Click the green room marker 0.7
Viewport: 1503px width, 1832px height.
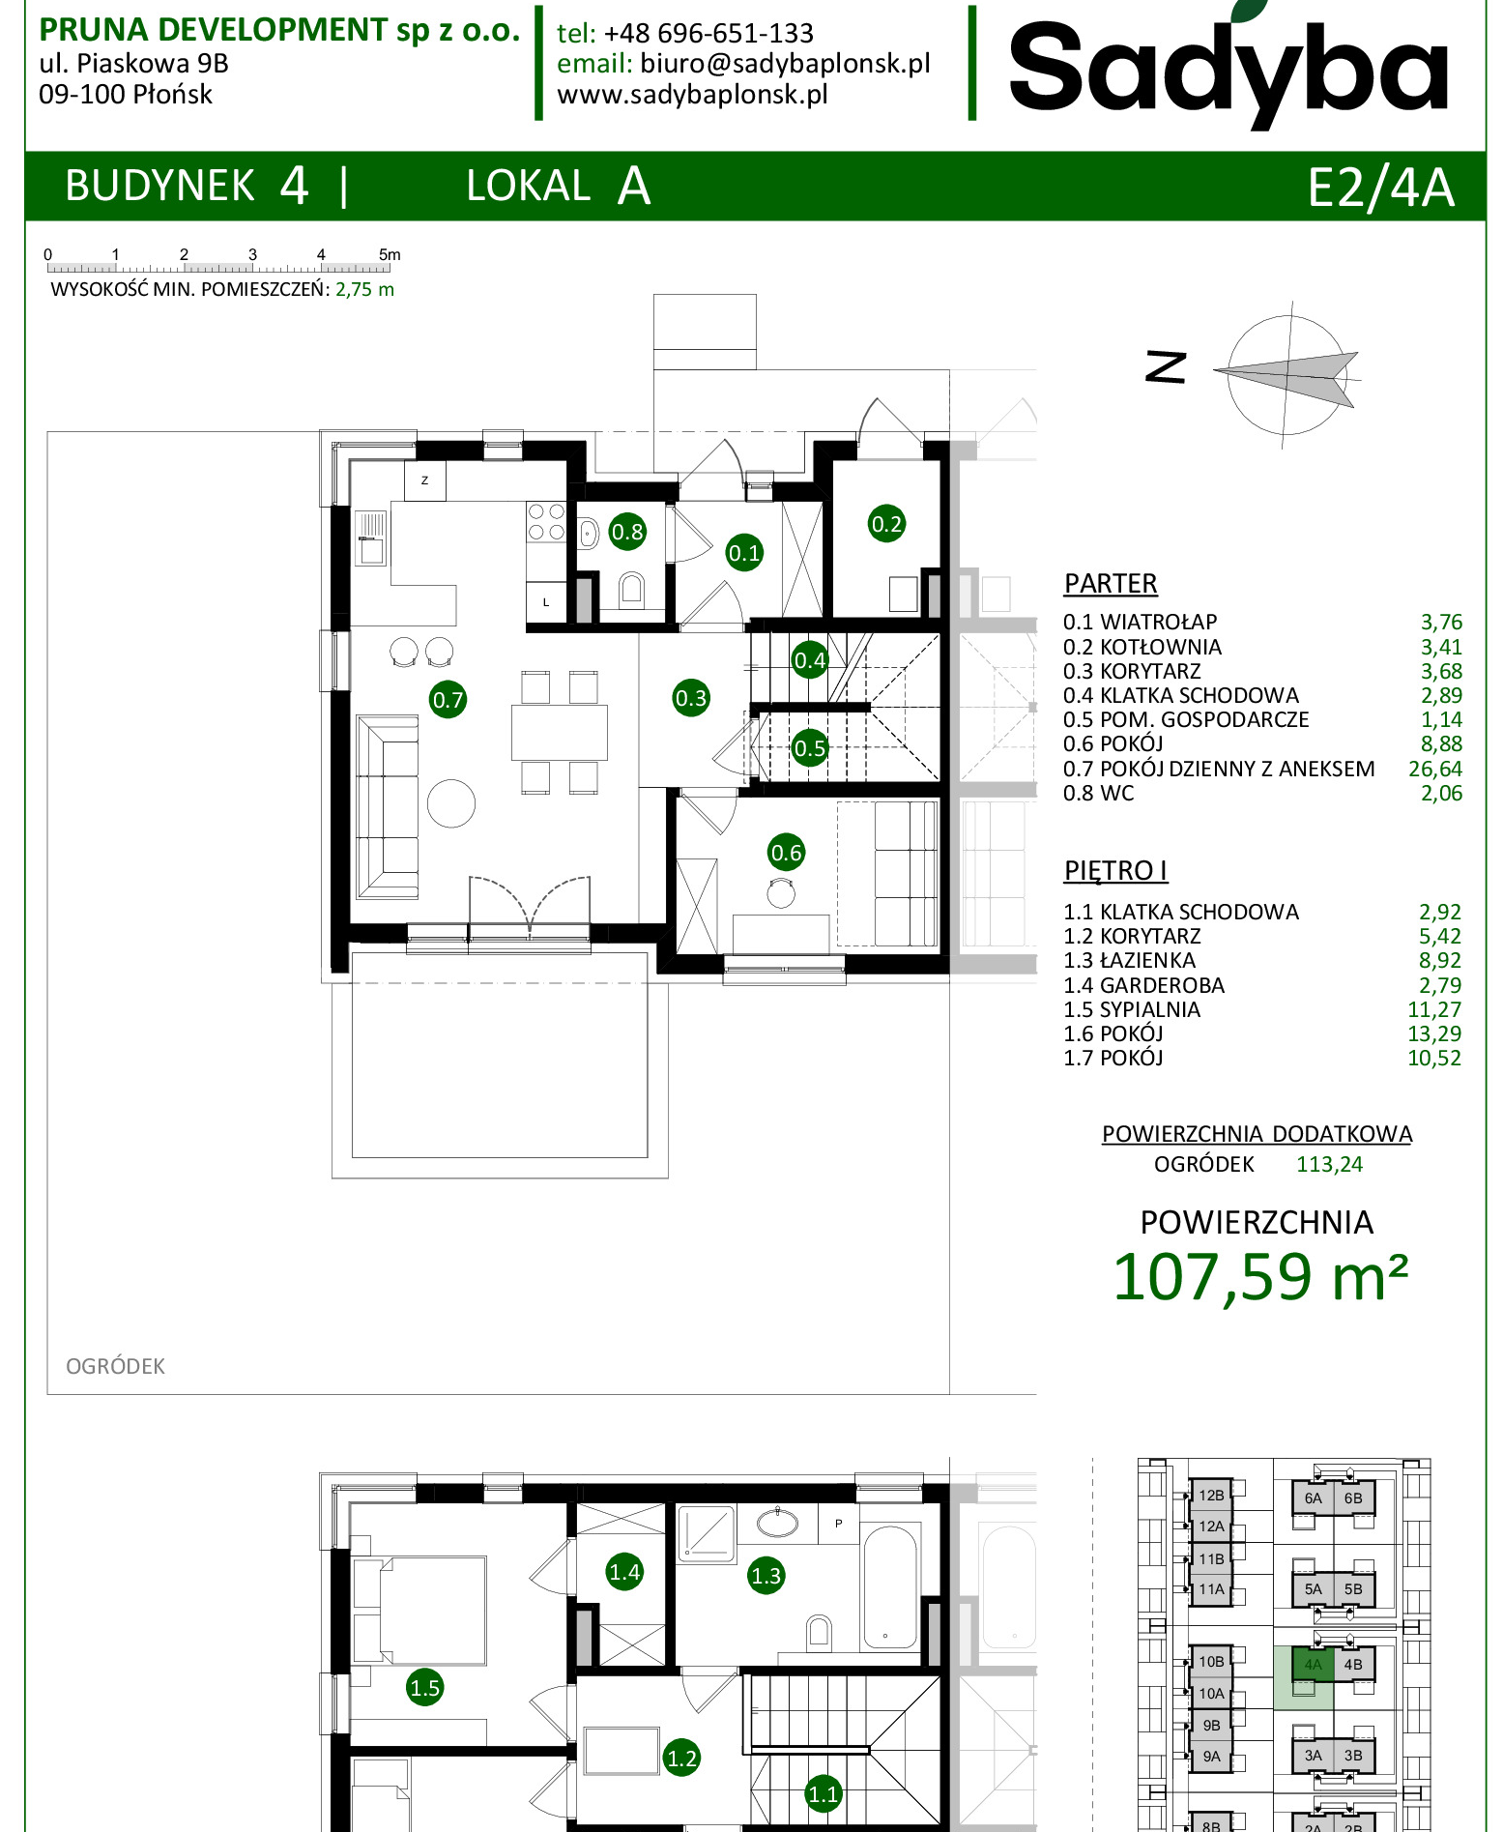click(448, 699)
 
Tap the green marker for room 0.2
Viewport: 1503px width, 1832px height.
click(886, 524)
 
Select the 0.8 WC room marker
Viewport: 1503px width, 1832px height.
click(627, 531)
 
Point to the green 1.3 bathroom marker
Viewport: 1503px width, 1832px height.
click(766, 1576)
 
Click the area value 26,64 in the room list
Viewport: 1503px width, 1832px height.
click(1435, 769)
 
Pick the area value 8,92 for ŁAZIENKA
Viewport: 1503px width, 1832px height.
click(1440, 960)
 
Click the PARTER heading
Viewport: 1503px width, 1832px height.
click(1111, 584)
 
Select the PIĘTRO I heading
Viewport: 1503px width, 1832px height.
click(1115, 870)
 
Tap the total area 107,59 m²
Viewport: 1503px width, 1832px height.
click(1260, 1277)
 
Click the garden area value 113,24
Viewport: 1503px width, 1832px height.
click(1329, 1164)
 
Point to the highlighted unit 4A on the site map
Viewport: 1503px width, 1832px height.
click(1313, 1664)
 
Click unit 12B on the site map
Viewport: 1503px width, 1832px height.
click(1211, 1495)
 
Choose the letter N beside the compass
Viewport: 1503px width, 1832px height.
click(1166, 367)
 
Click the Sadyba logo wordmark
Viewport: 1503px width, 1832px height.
click(1228, 68)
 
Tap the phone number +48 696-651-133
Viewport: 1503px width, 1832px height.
click(708, 33)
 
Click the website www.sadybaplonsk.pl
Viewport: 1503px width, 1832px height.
click(692, 95)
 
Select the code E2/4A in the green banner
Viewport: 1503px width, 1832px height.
click(1380, 188)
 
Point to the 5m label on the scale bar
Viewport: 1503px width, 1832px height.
click(390, 254)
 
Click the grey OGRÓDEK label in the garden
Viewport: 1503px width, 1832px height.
click(115, 1366)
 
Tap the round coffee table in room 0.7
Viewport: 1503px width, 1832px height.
click(451, 803)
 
